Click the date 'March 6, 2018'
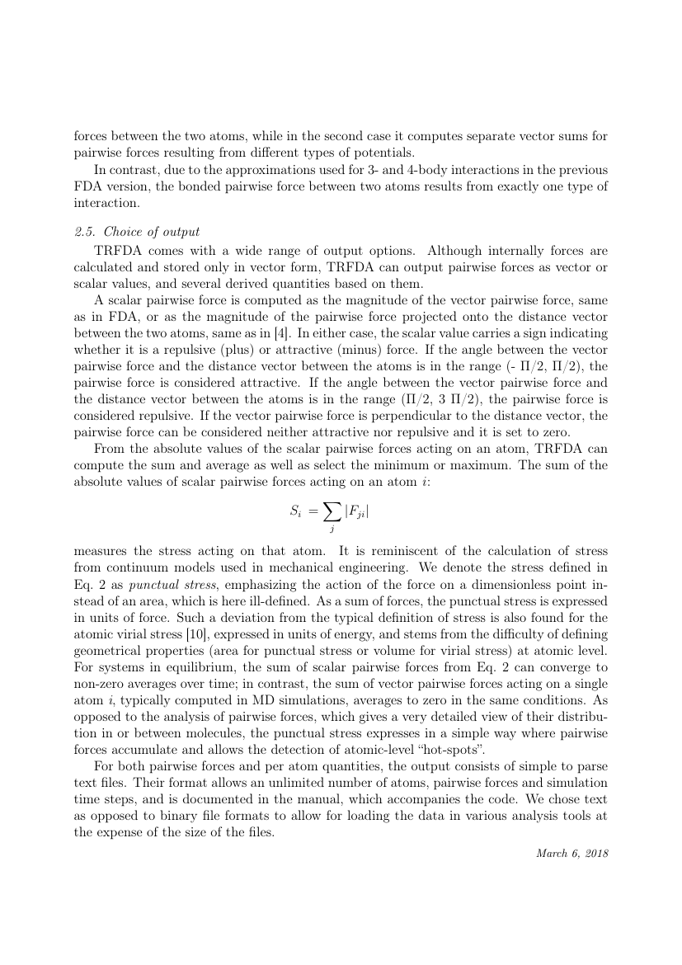[x=571, y=852]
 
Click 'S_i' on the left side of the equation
[x=297, y=512]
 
